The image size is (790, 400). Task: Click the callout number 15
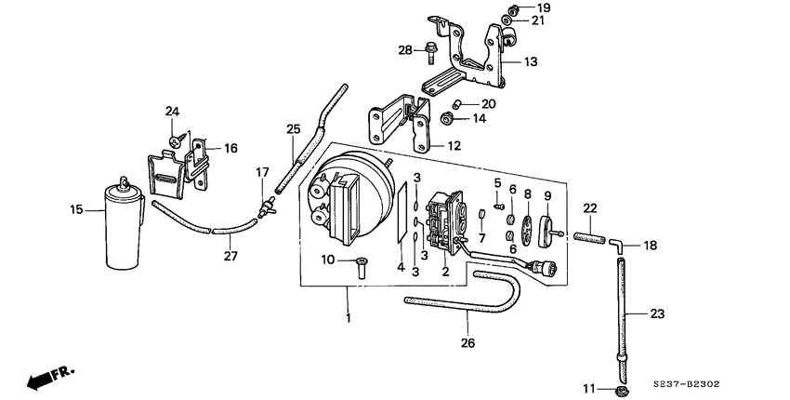click(76, 209)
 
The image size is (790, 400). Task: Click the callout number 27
click(230, 256)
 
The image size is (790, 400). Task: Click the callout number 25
click(293, 129)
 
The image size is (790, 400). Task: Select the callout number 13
click(531, 61)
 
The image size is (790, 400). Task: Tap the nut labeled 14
click(446, 119)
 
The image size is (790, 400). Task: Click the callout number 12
click(454, 146)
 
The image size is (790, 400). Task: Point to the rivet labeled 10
click(362, 267)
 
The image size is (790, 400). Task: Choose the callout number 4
click(402, 267)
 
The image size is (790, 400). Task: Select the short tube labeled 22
click(589, 237)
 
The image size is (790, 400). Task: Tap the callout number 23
click(657, 313)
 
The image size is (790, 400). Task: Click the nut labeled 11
click(619, 389)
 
